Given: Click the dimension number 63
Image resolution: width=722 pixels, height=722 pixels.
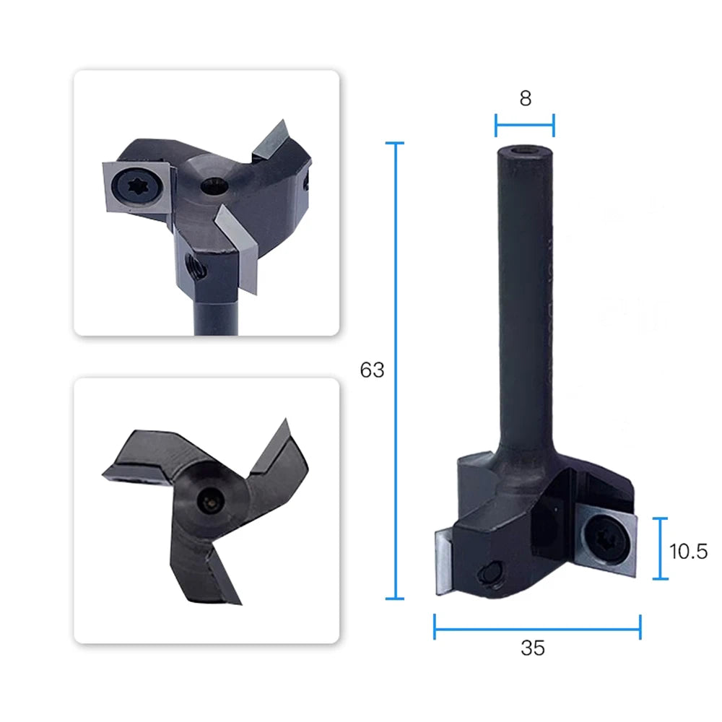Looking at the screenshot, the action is pos(372,370).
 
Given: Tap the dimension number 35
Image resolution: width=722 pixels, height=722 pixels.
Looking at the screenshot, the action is pos(533,648).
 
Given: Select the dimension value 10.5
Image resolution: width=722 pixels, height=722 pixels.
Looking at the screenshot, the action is pos(688,552).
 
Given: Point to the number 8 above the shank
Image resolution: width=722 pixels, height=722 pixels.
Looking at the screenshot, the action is pos(526,98).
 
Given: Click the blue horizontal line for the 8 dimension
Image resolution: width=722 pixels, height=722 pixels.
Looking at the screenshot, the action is pos(524,125).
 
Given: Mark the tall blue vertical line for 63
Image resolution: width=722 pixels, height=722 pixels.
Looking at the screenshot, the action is pos(395,370).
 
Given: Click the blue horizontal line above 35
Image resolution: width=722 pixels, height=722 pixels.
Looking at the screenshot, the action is pos(537,627).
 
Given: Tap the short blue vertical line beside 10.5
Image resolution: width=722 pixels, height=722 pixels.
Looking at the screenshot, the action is pos(661,549).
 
